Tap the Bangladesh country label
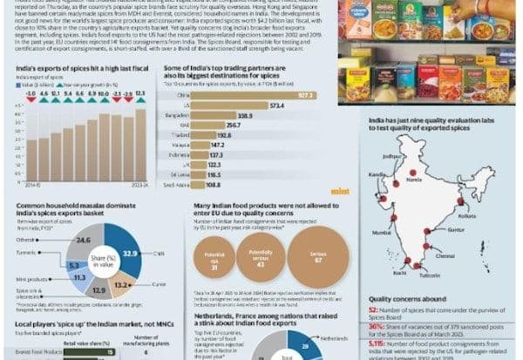179,114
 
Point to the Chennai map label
445,257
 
